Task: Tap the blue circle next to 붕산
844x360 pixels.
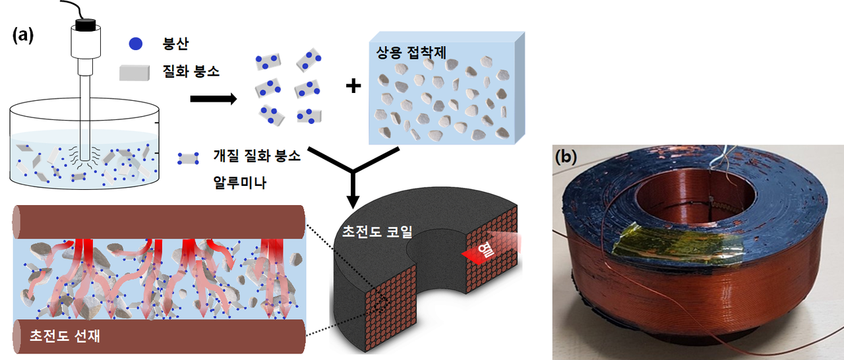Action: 136,45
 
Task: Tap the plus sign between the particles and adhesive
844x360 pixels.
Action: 353,86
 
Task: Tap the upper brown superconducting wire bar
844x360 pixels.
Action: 158,222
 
